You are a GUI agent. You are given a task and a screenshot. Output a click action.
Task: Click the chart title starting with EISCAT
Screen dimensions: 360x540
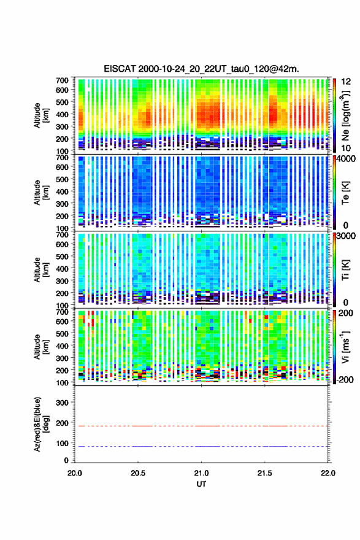coord(201,69)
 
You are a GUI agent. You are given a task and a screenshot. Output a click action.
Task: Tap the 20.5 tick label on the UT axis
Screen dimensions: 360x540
coord(138,473)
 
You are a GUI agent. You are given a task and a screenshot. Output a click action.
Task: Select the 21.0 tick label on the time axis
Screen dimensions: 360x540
coord(201,473)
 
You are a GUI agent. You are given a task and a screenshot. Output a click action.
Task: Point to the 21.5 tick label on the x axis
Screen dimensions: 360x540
coord(265,473)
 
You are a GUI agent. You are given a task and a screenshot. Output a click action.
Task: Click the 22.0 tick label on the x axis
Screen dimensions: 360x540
coord(328,473)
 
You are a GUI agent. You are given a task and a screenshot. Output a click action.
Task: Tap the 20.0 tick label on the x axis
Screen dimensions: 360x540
coord(75,473)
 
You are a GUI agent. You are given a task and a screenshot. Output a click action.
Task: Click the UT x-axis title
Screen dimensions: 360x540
coord(201,484)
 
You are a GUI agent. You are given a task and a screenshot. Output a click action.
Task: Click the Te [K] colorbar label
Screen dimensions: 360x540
coord(345,193)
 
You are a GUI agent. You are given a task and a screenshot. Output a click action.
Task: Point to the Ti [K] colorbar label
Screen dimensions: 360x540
coord(345,270)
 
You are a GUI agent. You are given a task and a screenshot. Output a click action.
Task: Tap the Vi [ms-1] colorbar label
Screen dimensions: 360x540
coord(345,347)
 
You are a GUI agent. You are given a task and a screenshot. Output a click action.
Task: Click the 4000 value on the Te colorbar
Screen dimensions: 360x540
coord(346,159)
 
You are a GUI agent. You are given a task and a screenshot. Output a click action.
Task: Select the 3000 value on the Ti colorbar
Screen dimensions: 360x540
coord(346,236)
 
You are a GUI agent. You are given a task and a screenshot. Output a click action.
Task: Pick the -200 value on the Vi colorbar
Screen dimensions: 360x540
coord(343,379)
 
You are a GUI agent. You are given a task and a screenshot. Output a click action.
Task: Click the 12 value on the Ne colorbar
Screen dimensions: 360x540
coord(346,82)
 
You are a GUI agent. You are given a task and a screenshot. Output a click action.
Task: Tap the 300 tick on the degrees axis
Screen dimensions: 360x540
coord(62,403)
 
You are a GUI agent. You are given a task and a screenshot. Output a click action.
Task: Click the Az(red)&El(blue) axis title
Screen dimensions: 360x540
coord(41,424)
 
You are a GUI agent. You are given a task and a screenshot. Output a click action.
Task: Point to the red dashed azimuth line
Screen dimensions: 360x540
coord(201,426)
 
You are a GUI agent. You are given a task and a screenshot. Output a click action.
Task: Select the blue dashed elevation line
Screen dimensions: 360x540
coord(201,446)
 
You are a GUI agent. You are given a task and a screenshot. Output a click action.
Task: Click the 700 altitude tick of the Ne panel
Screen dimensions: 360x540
coord(62,80)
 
